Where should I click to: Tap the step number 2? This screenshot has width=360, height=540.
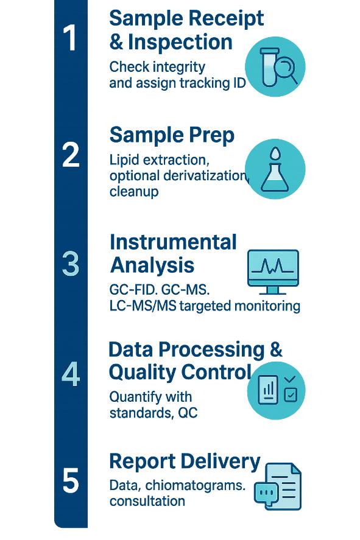[x=71, y=155]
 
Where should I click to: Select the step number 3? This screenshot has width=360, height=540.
[x=71, y=264]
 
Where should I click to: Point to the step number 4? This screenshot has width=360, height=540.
[x=71, y=374]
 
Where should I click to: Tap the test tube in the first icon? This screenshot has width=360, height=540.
[x=269, y=67]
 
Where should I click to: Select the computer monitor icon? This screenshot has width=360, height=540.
[x=273, y=272]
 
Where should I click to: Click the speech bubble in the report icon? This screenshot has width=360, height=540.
[x=266, y=493]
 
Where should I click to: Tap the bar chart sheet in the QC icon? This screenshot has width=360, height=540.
[x=267, y=390]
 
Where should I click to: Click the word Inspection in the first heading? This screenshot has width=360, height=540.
[x=180, y=43]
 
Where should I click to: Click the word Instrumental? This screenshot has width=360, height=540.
[x=173, y=242]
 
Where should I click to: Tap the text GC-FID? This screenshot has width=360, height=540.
[x=133, y=290]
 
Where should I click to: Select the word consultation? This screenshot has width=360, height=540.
[x=147, y=501]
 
